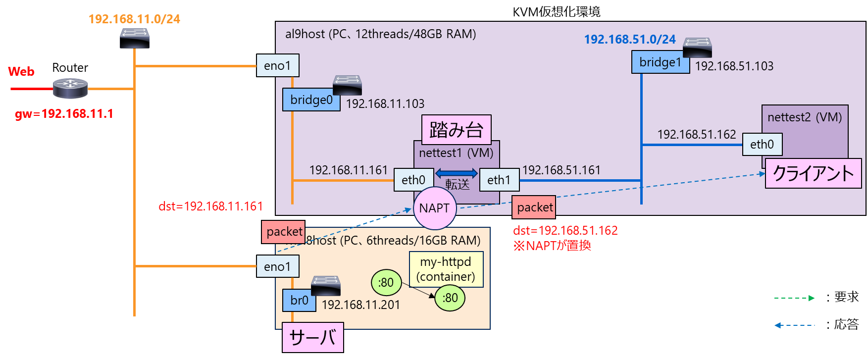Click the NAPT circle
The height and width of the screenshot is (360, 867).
[x=434, y=208]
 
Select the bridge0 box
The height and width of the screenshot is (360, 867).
[x=311, y=100]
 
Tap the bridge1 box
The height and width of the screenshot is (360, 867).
[x=660, y=62]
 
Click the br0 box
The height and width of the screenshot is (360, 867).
[x=299, y=300]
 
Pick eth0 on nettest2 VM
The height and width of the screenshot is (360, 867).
[x=762, y=144]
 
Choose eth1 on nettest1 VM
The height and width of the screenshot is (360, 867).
[x=499, y=180]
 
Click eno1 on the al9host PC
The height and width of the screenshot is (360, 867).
[x=277, y=65]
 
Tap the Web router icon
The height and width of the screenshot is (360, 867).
[x=70, y=88]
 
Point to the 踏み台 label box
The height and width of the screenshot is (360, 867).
[x=456, y=129]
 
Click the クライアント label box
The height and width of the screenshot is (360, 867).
[x=813, y=173]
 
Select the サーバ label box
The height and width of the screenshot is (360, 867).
[x=312, y=337]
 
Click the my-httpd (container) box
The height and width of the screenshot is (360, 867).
[x=446, y=269]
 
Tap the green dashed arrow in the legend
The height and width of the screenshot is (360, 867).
[x=794, y=298]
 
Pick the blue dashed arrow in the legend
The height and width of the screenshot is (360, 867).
[x=794, y=325]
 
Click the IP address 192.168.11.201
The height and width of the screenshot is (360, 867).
[x=360, y=305]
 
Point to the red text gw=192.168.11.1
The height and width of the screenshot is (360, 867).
[x=64, y=114]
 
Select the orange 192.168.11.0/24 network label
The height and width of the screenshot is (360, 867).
[x=134, y=19]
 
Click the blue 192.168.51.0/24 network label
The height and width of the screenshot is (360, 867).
[x=629, y=40]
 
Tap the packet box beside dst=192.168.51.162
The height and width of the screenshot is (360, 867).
[x=534, y=207]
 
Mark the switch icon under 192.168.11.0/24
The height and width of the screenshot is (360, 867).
[x=134, y=38]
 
